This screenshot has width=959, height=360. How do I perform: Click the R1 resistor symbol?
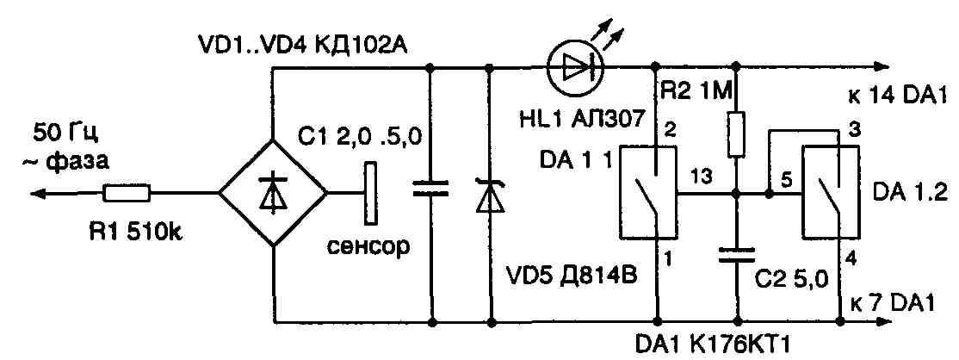127,193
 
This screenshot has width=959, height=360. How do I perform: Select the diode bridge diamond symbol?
273,194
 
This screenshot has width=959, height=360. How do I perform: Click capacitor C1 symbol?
430,190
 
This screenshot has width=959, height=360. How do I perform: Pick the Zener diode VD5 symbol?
490,196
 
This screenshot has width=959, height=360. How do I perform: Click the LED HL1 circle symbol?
575,69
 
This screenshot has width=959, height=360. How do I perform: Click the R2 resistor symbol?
737,133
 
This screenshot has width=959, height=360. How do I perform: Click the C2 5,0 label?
783,280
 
